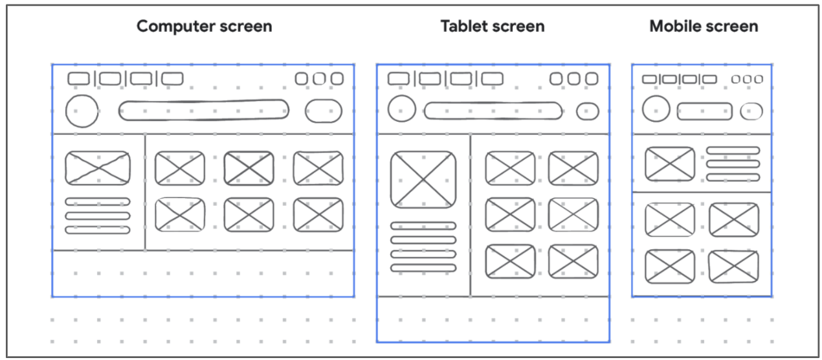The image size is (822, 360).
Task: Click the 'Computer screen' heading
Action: coord(204,27)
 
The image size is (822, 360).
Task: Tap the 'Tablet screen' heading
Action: coord(492,27)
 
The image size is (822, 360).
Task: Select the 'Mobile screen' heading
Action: coord(704,27)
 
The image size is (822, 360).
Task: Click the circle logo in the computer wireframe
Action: coord(82,111)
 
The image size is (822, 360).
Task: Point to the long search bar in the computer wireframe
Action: coord(203,111)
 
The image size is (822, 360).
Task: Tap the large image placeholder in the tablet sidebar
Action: coord(423,179)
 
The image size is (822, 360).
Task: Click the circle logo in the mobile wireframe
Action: coord(656,109)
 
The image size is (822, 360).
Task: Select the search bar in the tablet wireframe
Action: coord(493,111)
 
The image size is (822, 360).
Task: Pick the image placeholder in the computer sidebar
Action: coord(97,168)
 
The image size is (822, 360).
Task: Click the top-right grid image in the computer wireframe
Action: coord(318,168)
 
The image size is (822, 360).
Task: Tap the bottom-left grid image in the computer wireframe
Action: coord(180,215)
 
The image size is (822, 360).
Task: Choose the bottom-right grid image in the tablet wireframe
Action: coord(573,262)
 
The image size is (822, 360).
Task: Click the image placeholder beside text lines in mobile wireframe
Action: coord(670,163)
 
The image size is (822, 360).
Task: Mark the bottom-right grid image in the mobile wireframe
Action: coord(733,266)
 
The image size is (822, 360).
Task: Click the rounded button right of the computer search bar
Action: coord(324,111)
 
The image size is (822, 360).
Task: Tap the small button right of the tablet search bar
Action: coord(587,111)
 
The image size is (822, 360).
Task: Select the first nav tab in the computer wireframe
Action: coord(78,79)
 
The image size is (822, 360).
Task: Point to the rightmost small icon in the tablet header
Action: coord(592,79)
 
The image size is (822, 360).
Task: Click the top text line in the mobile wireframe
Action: coord(733,151)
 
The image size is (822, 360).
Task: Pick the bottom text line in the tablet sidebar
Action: coord(423,267)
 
